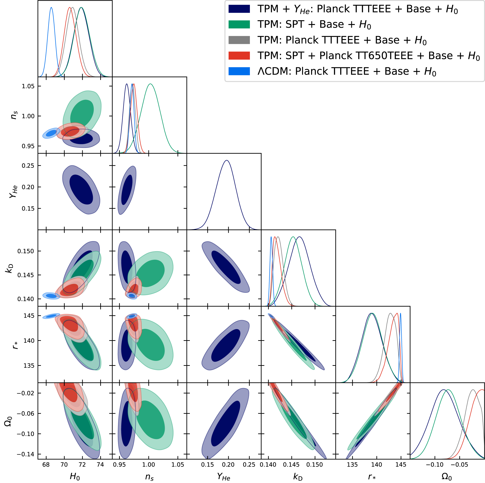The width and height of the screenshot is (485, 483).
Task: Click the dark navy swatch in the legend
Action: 239,9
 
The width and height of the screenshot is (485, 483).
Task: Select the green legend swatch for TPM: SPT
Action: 239,24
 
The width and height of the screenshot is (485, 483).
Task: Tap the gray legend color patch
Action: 239,40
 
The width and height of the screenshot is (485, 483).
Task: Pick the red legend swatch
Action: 239,55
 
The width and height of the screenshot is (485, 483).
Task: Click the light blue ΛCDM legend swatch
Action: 239,71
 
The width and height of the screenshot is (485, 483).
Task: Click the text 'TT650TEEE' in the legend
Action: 366,55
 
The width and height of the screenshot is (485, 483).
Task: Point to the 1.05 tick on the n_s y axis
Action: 28,86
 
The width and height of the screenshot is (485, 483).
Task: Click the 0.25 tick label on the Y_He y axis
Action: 28,166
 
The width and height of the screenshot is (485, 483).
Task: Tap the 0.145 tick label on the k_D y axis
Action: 26,275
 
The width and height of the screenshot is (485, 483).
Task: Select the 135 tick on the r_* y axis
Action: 29,366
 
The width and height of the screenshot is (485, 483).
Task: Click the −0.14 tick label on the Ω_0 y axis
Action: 26,454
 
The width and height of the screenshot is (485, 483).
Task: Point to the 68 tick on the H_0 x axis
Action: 46,465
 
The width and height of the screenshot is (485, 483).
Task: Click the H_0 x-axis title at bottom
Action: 75,476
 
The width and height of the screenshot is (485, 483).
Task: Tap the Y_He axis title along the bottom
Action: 224,477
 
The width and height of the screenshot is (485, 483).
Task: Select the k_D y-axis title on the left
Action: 9,268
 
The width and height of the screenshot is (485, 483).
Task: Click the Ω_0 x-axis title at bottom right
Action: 447,476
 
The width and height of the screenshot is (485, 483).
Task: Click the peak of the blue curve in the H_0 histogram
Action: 51,7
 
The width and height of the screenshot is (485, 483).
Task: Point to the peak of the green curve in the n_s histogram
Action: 150,84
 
